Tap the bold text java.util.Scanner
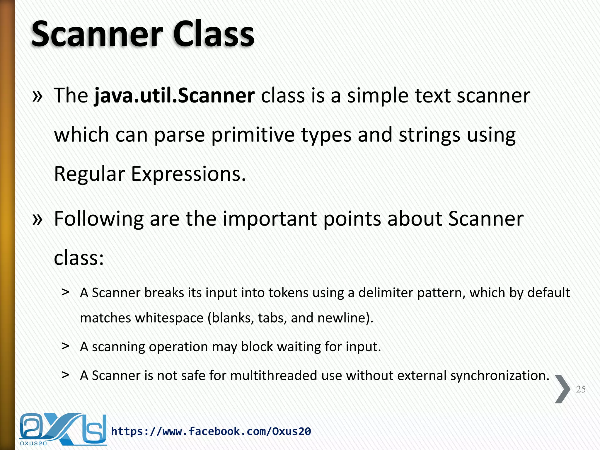pos(175,96)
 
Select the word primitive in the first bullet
pos(253,135)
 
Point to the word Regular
pos(89,174)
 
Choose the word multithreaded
pos(274,376)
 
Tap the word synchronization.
pos(500,376)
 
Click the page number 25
pos(581,389)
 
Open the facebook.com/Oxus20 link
pos(211,431)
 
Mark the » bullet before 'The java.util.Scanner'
pos(37,96)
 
